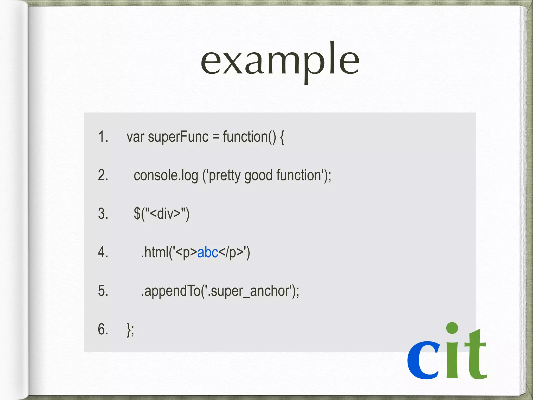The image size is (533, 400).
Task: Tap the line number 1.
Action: [x=103, y=136]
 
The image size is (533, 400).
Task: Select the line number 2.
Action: [x=103, y=175]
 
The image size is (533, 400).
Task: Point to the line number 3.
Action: [x=103, y=214]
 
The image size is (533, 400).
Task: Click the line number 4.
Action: [x=103, y=252]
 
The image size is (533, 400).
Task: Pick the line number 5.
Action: [x=103, y=291]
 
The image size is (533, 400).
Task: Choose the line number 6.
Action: [x=103, y=329]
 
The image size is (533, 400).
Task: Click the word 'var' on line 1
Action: [x=135, y=137]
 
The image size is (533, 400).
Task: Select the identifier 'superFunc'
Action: [x=178, y=137]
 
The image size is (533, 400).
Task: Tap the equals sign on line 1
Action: [x=215, y=137]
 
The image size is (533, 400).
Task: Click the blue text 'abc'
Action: [x=208, y=252]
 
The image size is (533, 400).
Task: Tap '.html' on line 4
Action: [x=155, y=252]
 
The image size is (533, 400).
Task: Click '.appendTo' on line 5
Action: [x=171, y=291]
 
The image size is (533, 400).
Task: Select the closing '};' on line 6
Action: [x=130, y=329]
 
